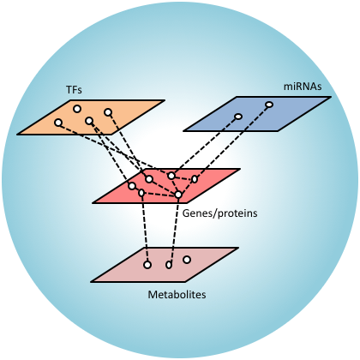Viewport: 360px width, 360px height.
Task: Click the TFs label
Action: pyautogui.click(x=74, y=90)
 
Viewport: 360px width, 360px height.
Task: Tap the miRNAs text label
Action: pyautogui.click(x=303, y=87)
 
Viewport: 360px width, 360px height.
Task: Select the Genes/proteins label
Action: pyautogui.click(x=219, y=213)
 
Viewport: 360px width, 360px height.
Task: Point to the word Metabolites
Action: pyautogui.click(x=177, y=295)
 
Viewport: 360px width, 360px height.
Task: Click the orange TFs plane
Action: pyautogui.click(x=91, y=117)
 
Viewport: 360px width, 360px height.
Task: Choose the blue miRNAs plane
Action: pyautogui.click(x=257, y=114)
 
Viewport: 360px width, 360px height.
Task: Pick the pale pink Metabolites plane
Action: pyautogui.click(x=165, y=265)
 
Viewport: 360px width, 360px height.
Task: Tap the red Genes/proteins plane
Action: pyautogui.click(x=166, y=186)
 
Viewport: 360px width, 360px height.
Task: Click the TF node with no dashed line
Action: pyautogui.click(x=77, y=109)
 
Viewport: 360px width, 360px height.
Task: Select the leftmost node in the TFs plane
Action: pyautogui.click(x=58, y=123)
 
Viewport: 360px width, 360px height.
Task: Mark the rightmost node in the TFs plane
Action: pyautogui.click(x=108, y=112)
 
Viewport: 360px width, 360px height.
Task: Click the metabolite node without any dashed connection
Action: pyautogui.click(x=187, y=260)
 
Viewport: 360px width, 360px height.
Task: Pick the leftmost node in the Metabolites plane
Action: pyautogui.click(x=147, y=265)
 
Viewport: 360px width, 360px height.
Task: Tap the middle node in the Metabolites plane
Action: pyautogui.click(x=169, y=265)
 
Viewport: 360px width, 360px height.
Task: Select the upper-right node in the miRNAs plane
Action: pyautogui.click(x=269, y=105)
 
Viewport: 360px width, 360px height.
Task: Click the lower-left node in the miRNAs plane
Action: pyautogui.click(x=238, y=117)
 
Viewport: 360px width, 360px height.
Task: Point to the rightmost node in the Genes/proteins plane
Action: pyautogui.click(x=195, y=179)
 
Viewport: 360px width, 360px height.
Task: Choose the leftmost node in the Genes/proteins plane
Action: pyautogui.click(x=132, y=186)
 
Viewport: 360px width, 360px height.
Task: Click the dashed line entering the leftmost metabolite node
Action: pyautogui.click(x=144, y=229)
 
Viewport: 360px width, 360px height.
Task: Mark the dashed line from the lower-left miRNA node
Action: pyautogui.click(x=205, y=146)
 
